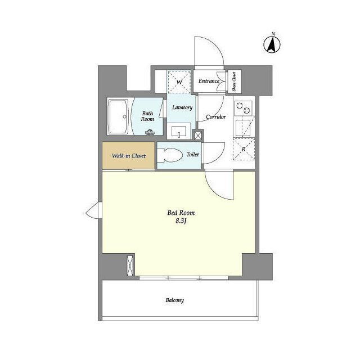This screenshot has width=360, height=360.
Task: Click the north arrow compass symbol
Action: point(272,44)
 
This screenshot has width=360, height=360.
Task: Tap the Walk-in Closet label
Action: point(129,156)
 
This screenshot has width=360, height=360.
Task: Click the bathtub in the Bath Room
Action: point(119,116)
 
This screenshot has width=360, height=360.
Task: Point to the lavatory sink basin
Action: point(179,132)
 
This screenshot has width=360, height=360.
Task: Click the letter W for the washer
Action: point(179,82)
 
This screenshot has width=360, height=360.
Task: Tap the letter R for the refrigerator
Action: point(244,149)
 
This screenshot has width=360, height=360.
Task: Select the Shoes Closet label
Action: point(234,82)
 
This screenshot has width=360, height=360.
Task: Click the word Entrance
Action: point(209,81)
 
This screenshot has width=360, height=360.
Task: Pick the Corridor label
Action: point(216,116)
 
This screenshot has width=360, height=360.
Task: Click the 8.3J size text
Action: point(181,221)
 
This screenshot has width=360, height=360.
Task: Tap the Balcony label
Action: point(175,300)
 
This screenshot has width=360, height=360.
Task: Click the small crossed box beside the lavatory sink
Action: point(197,135)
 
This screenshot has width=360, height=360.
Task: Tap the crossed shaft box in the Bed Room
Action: point(130,265)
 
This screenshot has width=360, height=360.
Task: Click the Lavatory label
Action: point(182,107)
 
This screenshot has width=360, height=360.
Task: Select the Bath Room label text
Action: point(147,116)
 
